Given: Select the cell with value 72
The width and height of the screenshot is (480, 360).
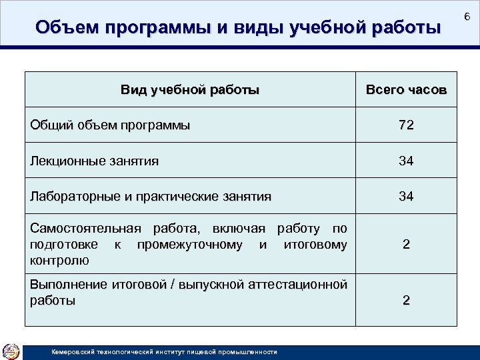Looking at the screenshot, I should click(405, 125).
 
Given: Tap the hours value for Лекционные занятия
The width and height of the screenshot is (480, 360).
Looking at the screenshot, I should click(405, 161).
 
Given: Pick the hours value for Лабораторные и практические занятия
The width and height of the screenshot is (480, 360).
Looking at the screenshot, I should click(405, 197).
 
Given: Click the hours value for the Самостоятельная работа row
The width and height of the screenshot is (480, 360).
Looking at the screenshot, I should click(405, 245).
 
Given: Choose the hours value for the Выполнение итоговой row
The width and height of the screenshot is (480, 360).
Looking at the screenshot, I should click(405, 300).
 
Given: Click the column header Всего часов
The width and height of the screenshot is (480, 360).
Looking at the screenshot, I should click(405, 90).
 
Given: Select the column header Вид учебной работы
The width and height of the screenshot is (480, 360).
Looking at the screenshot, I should click(190, 89).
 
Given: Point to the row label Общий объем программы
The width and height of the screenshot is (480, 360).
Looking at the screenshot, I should click(110, 125).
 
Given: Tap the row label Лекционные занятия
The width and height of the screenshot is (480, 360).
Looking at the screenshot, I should click(95, 161).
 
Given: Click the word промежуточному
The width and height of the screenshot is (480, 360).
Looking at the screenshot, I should click(189, 245).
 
